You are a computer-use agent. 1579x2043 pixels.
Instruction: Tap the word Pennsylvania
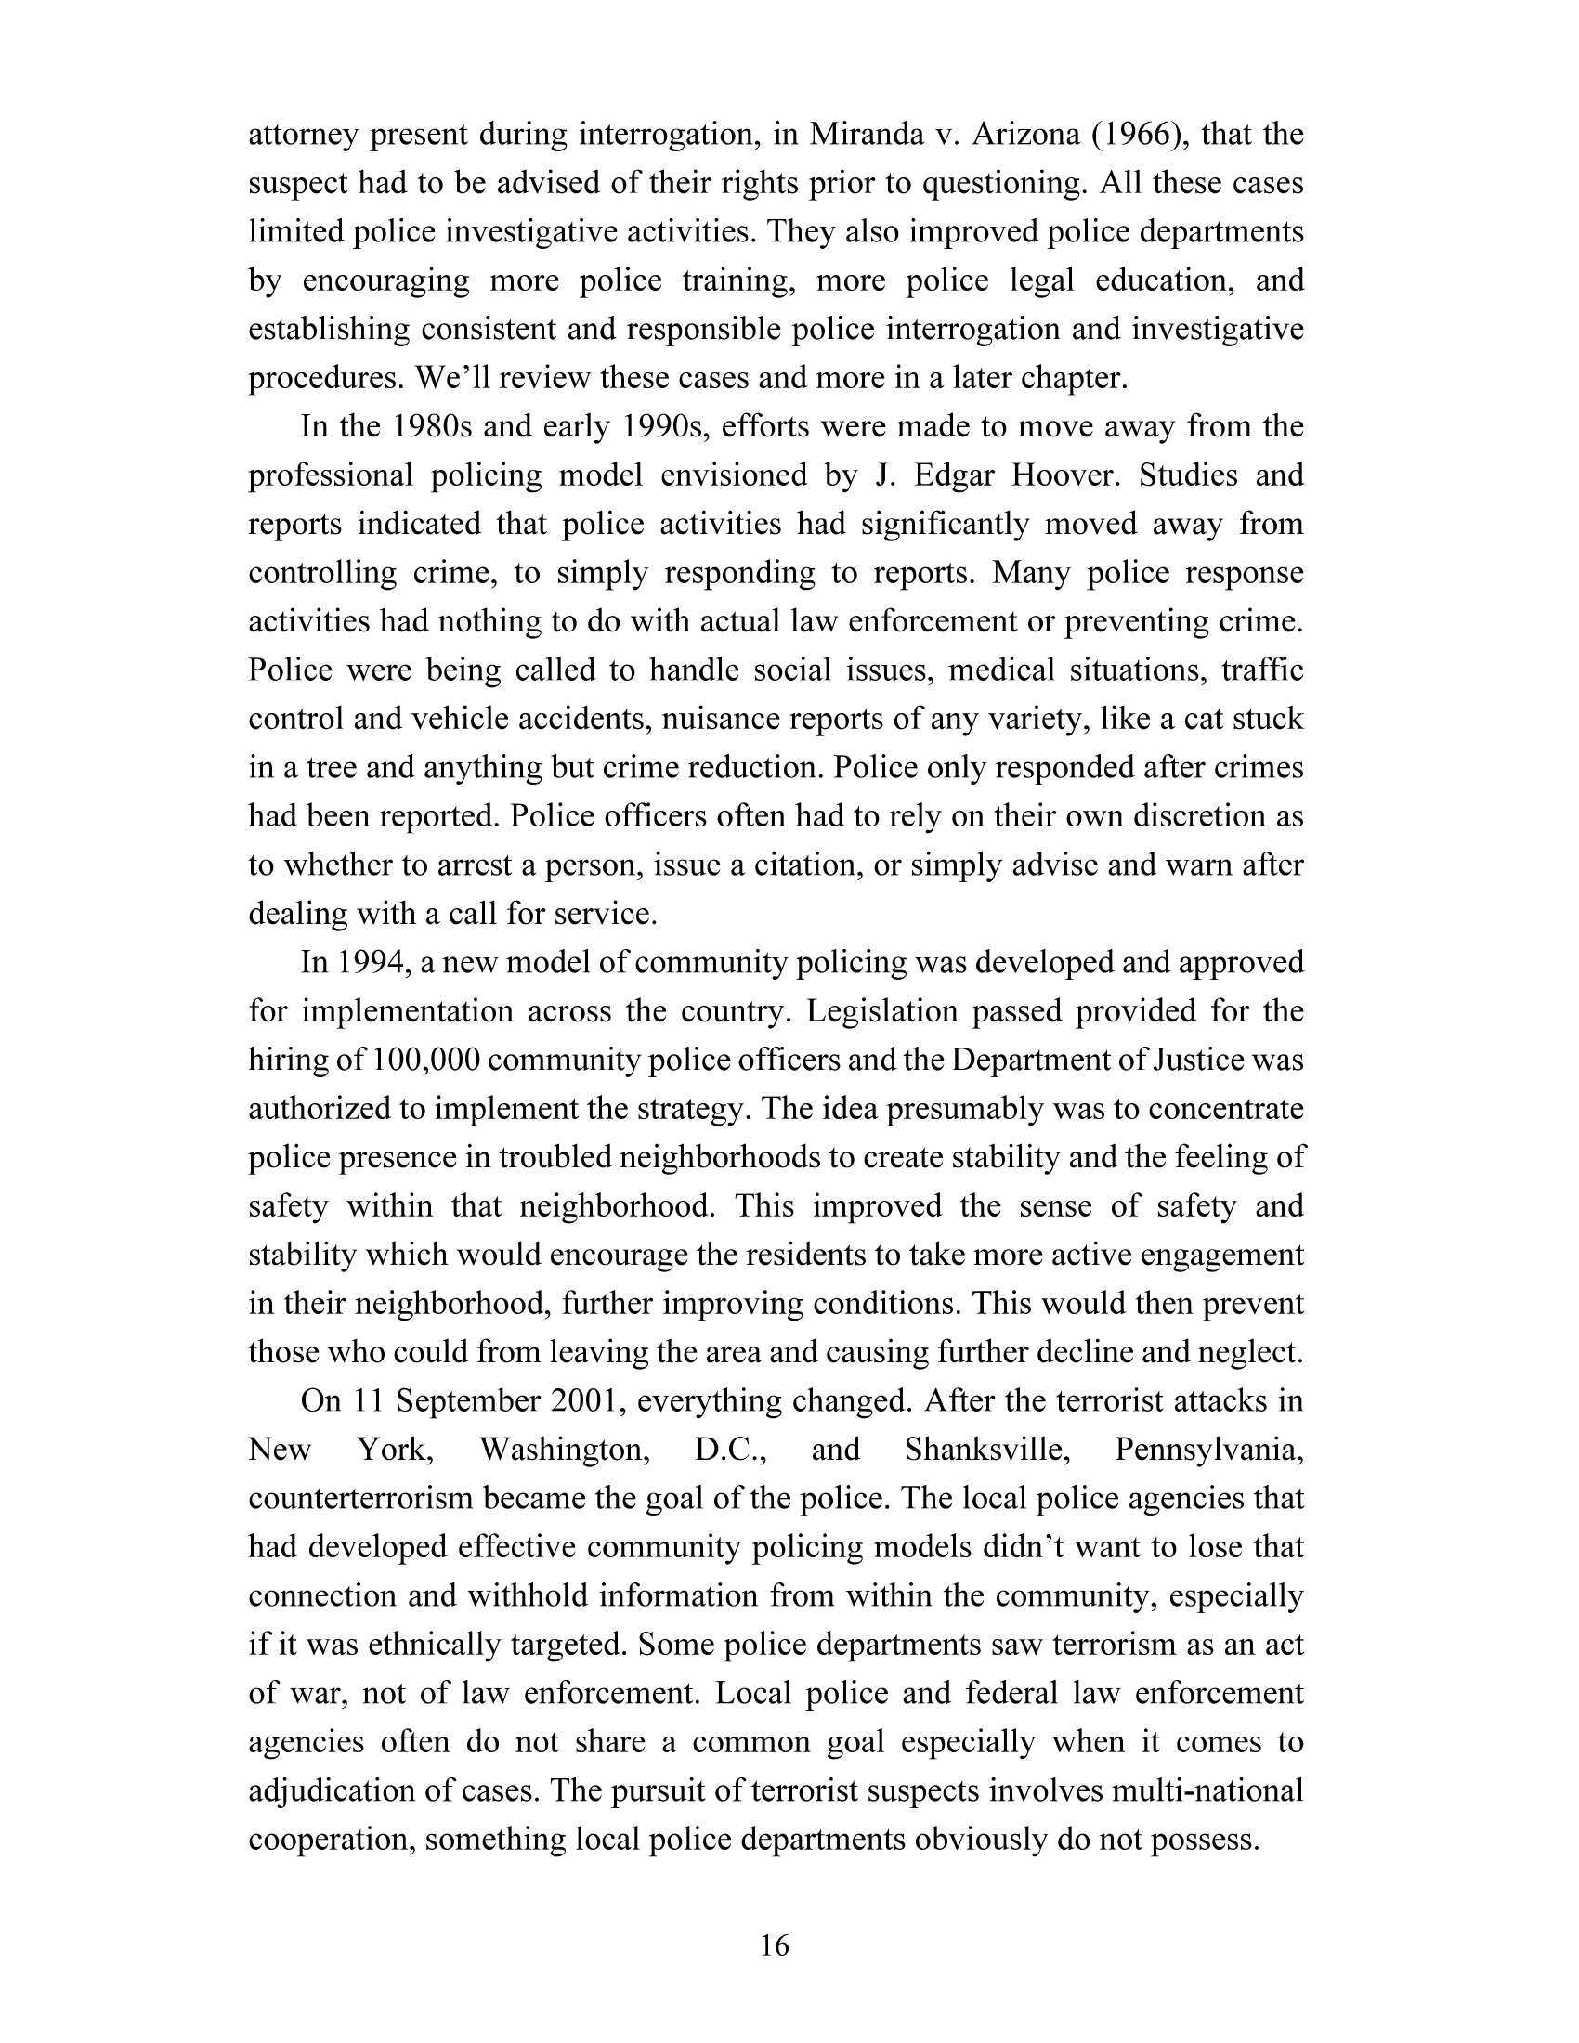point(1209,1450)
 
